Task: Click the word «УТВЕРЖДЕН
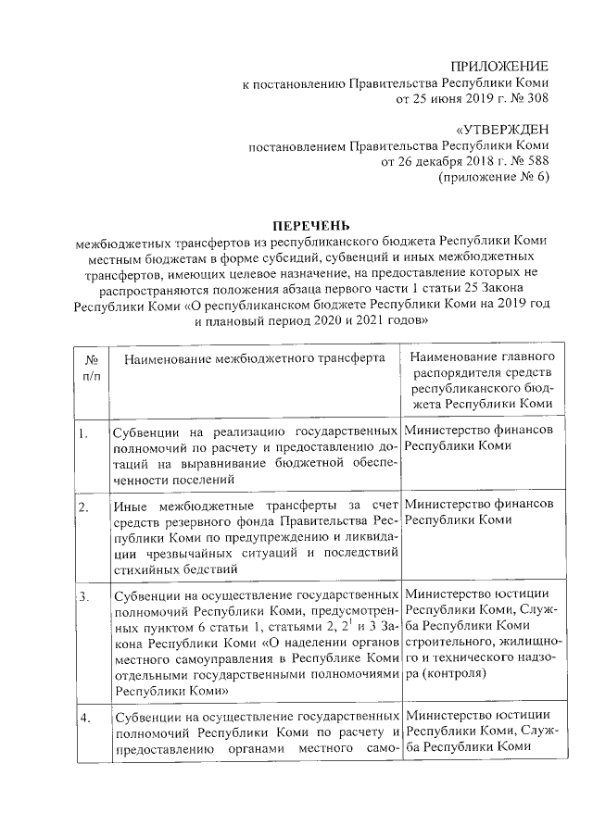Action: [x=502, y=131]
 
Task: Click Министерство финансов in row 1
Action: [x=480, y=431]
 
